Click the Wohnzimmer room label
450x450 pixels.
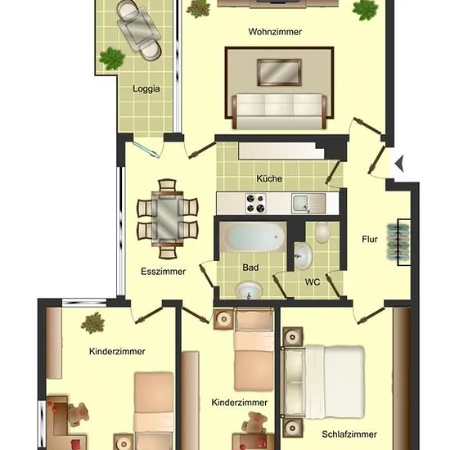pos(275,32)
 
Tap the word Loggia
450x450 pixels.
pos(146,88)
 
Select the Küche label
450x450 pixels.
pos(269,178)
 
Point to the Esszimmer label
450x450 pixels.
pos(163,271)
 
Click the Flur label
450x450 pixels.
pos(370,239)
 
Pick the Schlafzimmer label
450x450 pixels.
pos(349,434)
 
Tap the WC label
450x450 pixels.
pos(313,282)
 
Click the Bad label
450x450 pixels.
pos(250,268)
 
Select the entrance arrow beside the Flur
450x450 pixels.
pos(399,164)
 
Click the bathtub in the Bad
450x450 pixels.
pos(253,236)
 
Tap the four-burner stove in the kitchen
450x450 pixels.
pos(256,204)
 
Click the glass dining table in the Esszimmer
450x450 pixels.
pos(167,219)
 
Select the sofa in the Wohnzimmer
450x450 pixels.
pos(279,111)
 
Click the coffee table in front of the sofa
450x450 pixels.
pos(279,72)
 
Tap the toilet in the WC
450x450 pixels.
pos(322,232)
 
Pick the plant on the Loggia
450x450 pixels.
pos(111,59)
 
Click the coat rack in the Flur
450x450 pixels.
pos(399,242)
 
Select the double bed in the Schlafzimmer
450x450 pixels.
pos(324,382)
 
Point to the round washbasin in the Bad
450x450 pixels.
pos(249,290)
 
